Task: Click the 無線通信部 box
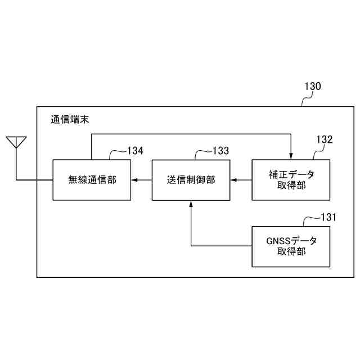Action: click(x=92, y=180)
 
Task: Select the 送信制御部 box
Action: click(x=191, y=180)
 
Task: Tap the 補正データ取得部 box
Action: click(x=291, y=180)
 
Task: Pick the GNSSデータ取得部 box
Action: click(x=291, y=246)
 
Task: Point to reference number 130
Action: click(x=313, y=87)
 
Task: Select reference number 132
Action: click(x=324, y=140)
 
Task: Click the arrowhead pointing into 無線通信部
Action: click(x=134, y=180)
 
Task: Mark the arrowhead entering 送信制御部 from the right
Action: click(x=233, y=180)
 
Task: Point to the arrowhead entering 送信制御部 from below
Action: click(x=191, y=203)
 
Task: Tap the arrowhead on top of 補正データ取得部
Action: click(x=291, y=156)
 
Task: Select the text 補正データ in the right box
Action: click(x=291, y=174)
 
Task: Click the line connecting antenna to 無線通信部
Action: click(x=34, y=180)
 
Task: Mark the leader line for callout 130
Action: click(x=304, y=100)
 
